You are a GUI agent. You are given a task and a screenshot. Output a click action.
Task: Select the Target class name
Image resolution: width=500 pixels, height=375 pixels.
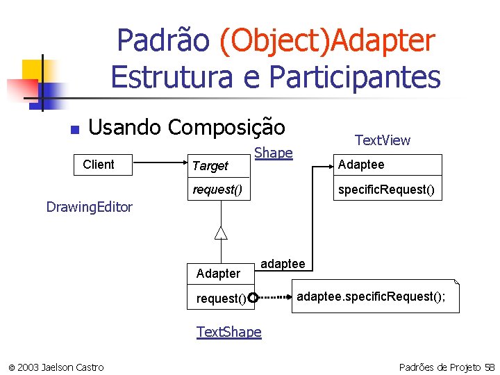point(210,165)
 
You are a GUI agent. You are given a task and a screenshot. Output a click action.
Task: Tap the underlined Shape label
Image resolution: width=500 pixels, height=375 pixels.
point(274,153)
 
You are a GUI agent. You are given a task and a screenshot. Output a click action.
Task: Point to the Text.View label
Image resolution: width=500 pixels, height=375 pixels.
point(383,140)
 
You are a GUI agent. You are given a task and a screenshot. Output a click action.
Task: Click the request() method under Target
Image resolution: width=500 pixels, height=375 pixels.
point(217,189)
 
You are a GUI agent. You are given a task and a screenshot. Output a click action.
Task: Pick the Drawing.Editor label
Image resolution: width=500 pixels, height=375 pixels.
point(89,207)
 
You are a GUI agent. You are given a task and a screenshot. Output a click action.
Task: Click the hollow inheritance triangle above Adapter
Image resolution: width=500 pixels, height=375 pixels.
point(221,233)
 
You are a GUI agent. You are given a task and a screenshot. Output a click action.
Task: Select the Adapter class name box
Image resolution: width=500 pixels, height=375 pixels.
point(219,274)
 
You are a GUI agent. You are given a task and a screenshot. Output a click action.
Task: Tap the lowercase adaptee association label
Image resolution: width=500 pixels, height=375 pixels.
point(283,264)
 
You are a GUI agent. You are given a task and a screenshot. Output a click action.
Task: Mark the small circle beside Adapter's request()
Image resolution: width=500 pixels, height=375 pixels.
point(253,299)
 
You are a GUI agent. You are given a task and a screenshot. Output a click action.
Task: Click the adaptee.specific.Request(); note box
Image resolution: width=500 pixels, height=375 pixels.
point(375,297)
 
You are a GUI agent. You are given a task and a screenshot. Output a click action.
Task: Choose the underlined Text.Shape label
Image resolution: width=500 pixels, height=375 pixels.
point(229,332)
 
